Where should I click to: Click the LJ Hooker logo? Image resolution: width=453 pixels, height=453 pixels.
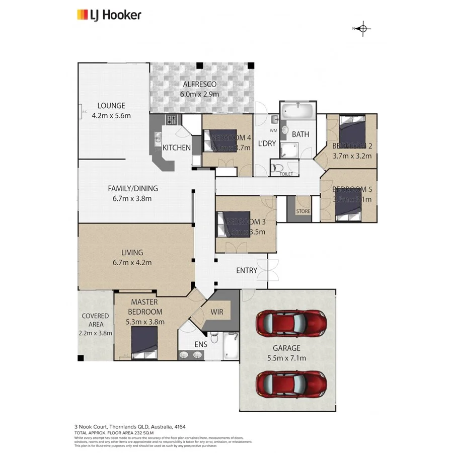[x=108, y=15]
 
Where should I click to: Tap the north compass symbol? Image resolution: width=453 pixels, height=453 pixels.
[x=363, y=29]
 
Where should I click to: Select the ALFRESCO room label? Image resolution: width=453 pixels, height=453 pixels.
[x=199, y=85]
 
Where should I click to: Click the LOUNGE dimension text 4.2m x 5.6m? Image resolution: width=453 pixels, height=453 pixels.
[x=111, y=115]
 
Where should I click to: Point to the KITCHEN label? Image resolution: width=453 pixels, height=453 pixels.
[x=177, y=148]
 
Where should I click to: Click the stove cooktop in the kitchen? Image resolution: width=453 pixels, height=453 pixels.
[x=172, y=120]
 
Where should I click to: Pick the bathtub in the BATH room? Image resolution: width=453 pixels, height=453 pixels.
[x=297, y=110]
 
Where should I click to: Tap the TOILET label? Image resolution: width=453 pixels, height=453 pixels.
[x=286, y=174]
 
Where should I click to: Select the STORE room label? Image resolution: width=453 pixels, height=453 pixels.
[x=303, y=211]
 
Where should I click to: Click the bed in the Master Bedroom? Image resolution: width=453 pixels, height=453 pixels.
[x=144, y=345]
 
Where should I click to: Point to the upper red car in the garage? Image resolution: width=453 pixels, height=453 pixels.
[x=290, y=323]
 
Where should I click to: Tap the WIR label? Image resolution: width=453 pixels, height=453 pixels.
[x=217, y=312]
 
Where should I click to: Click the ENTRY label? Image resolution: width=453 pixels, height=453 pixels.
[x=247, y=270]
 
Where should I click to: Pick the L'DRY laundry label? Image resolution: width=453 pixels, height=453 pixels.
[x=267, y=143]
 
